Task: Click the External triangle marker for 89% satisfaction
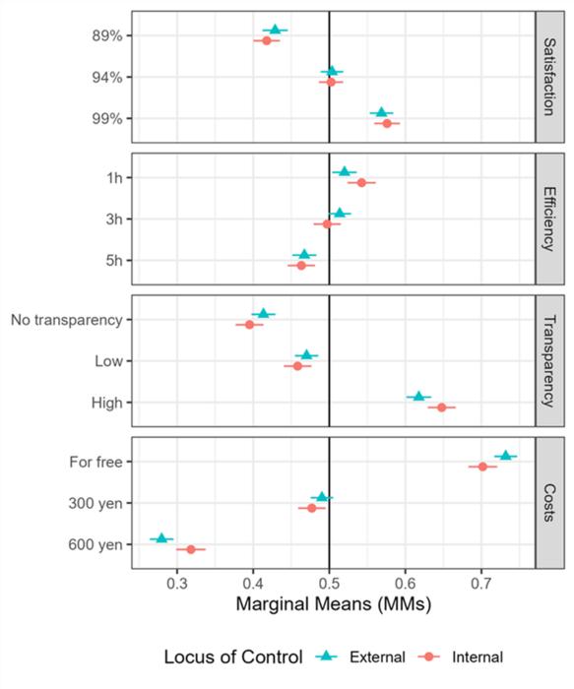click(275, 30)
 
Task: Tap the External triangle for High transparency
click(418, 396)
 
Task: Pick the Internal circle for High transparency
click(441, 407)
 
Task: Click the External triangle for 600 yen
click(161, 537)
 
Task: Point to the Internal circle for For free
click(482, 467)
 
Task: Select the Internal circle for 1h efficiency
click(361, 182)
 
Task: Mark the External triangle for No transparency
click(263, 313)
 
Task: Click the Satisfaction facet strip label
click(548, 77)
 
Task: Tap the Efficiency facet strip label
click(548, 219)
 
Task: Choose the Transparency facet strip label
click(548, 360)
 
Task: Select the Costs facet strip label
click(548, 502)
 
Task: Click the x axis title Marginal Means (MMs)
click(333, 607)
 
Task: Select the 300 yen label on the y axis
click(96, 502)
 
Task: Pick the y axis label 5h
click(111, 260)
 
